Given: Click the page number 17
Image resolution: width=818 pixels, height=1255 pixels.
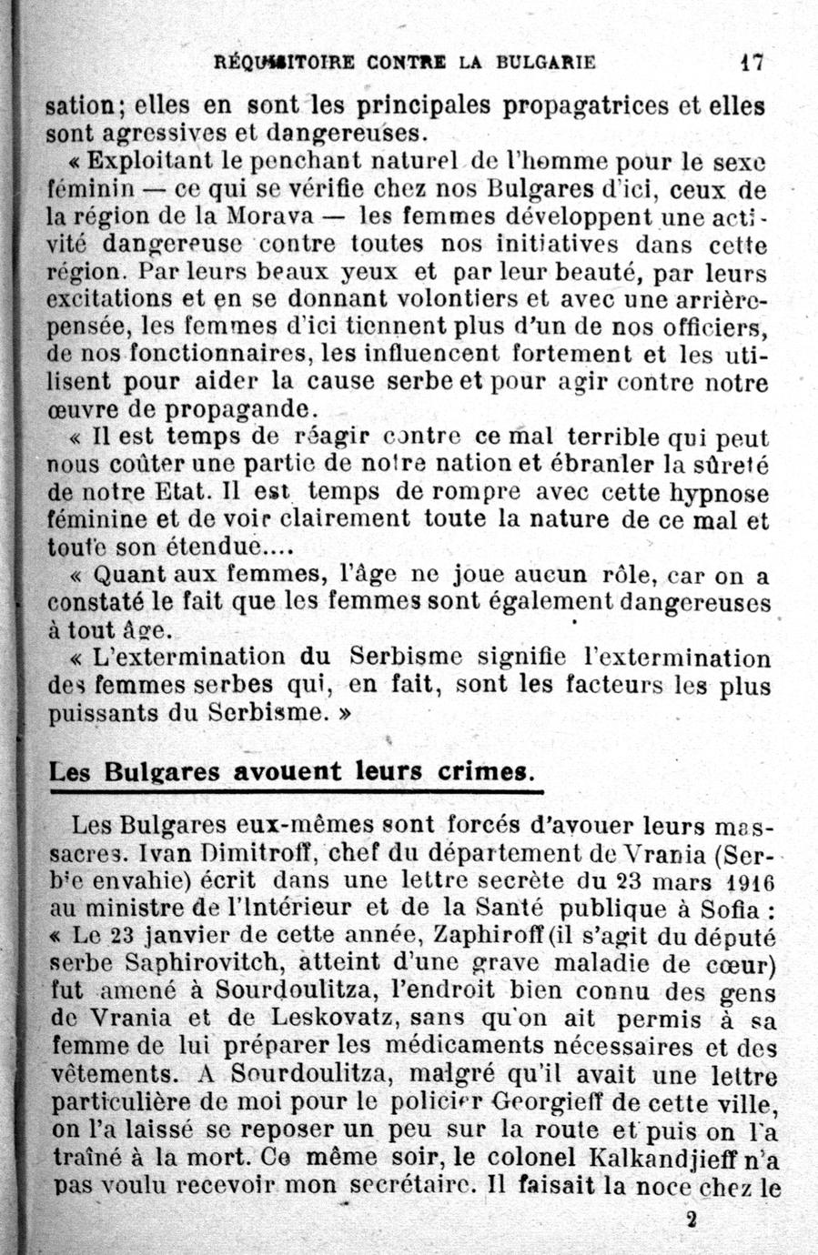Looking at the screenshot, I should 751,63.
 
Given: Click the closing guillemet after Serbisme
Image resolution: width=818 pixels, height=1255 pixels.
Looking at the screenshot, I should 344,713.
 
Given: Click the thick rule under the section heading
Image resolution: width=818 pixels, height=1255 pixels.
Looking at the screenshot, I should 296,793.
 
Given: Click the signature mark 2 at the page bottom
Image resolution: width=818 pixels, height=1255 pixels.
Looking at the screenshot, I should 693,1220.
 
